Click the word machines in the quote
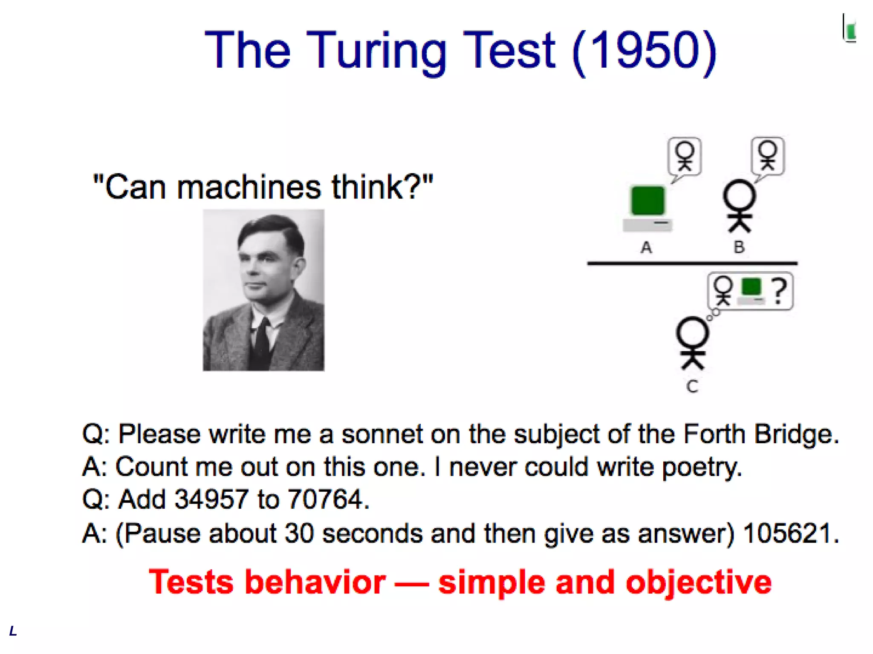[249, 187]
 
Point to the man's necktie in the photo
[261, 341]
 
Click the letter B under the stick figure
[739, 247]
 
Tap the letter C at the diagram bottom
[692, 387]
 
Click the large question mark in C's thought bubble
[779, 291]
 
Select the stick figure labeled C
[693, 343]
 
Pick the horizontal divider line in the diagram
[692, 264]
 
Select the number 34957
[211, 499]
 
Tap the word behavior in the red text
[315, 582]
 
